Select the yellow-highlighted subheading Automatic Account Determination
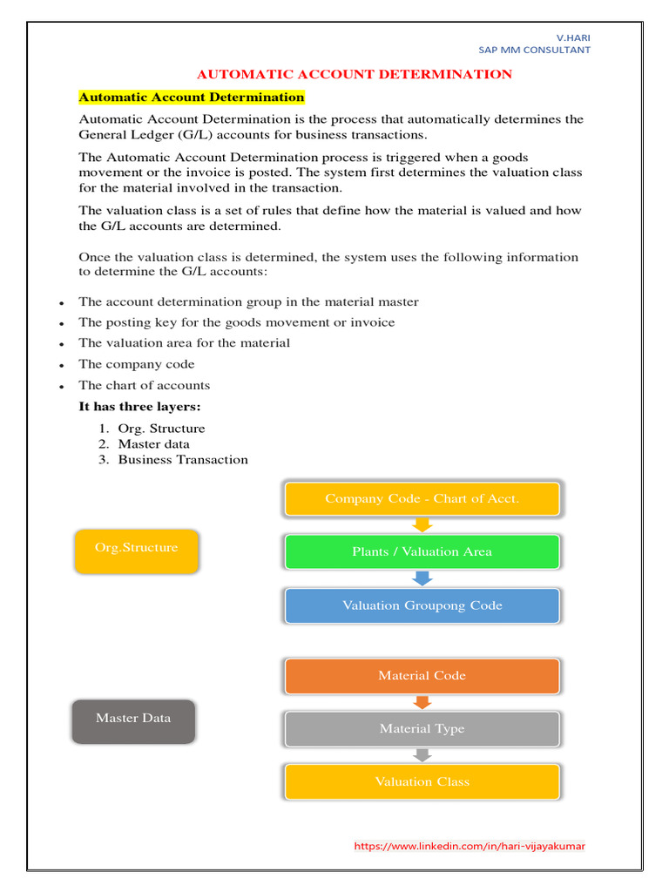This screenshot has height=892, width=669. [x=192, y=97]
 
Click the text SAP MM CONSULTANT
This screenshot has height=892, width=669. [x=534, y=50]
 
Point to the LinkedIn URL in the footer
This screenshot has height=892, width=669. [x=469, y=846]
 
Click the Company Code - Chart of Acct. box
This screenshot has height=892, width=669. [x=422, y=499]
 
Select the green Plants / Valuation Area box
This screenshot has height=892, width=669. [x=422, y=551]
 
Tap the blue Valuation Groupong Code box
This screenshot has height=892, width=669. [x=422, y=605]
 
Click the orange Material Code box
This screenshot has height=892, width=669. [x=422, y=675]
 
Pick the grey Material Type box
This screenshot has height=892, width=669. [x=422, y=728]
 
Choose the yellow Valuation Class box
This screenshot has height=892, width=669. [x=422, y=781]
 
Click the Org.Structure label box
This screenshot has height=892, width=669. [x=137, y=549]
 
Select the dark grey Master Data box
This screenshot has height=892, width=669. [x=133, y=719]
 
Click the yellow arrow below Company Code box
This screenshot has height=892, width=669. [x=422, y=524]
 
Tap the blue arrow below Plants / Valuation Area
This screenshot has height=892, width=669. [x=422, y=578]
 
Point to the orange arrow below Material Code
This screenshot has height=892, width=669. [x=422, y=702]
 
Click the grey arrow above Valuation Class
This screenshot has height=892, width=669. [x=422, y=754]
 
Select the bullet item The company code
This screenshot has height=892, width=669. [x=137, y=364]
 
